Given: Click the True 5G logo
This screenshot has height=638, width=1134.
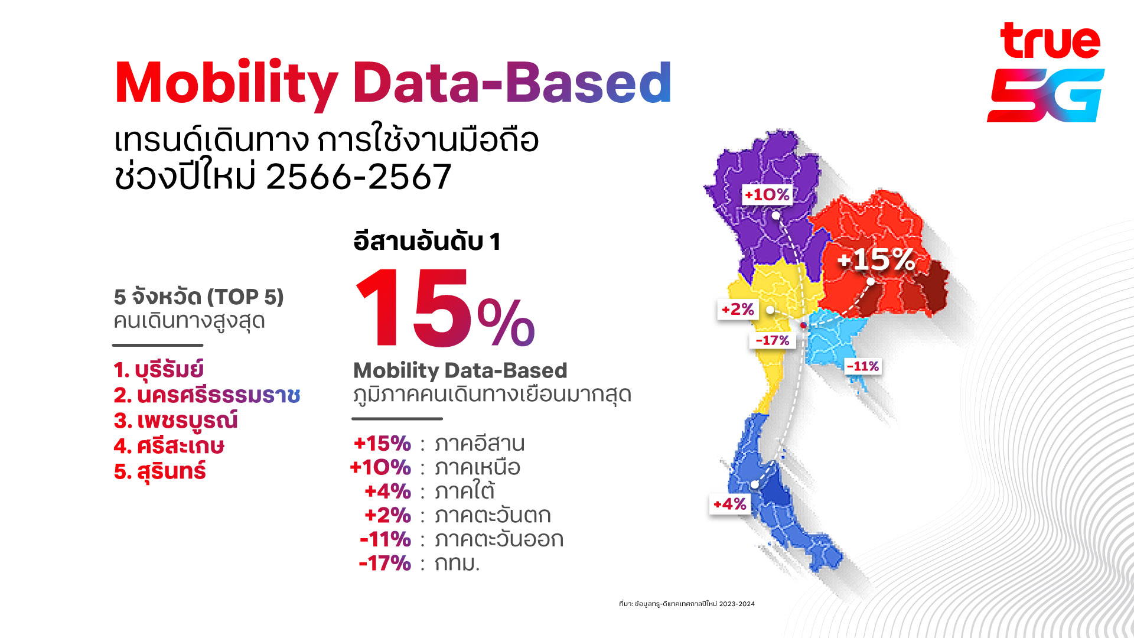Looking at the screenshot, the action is (1045, 72).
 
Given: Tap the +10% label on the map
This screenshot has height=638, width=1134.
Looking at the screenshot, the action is (767, 194).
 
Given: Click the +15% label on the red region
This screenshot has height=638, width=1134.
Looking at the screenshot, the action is (876, 259).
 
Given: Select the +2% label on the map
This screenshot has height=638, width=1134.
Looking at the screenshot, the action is (738, 309).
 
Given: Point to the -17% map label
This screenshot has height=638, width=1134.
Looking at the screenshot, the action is (773, 340).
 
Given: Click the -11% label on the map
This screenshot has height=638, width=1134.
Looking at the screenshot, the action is (862, 366).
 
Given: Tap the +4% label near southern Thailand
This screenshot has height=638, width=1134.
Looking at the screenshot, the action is (730, 504).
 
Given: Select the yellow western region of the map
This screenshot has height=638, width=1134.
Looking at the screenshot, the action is (768, 331).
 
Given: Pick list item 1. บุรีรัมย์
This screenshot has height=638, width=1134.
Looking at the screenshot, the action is (159, 370).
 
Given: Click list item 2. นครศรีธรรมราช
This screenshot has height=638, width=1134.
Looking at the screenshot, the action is (207, 395).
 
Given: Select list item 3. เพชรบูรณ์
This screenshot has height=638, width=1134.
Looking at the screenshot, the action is (175, 421).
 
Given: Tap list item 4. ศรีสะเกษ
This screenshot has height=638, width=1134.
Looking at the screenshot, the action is (169, 446).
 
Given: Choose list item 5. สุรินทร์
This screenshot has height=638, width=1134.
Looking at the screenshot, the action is (159, 471).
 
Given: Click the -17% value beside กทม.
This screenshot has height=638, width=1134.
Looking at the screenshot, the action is (384, 563).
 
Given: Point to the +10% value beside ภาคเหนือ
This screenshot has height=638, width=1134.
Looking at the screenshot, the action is (380, 467).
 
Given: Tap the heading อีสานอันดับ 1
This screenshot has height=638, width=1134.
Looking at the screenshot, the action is (427, 241).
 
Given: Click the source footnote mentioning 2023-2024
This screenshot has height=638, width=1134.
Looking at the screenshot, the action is (687, 604).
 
